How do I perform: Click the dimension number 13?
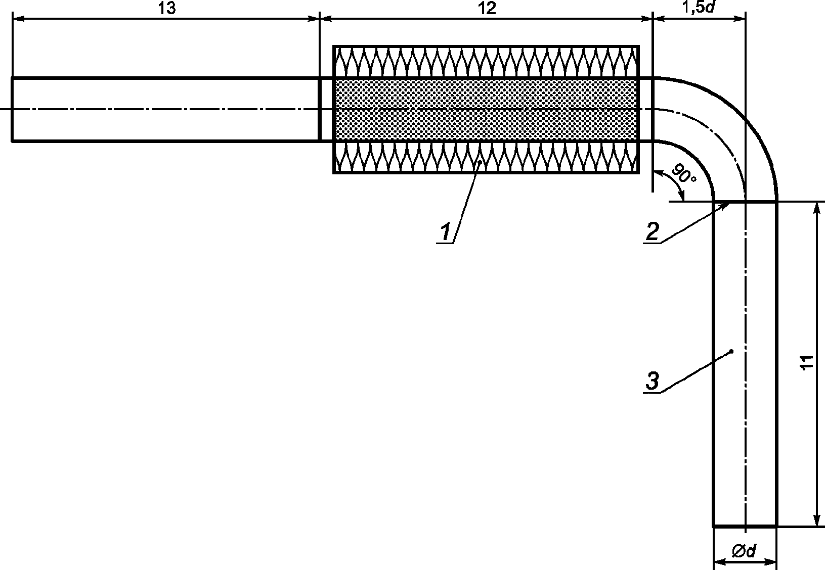(166, 9)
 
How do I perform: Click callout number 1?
(445, 232)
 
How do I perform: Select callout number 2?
(652, 232)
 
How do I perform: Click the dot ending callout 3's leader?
(732, 351)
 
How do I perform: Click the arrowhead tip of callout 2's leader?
(729, 203)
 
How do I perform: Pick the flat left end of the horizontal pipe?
(12, 110)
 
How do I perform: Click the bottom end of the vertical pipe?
(745, 526)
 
